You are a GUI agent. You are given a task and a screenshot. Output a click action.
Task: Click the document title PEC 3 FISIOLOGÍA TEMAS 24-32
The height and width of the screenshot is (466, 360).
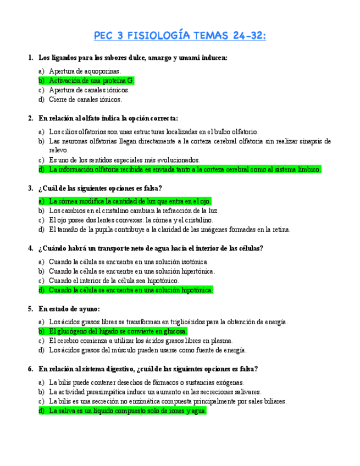coord(180,36)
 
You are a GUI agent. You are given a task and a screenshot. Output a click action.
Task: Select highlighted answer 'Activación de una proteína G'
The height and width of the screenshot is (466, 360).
coord(91,81)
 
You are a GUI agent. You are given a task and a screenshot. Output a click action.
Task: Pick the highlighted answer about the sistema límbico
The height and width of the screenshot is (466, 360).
coord(185,169)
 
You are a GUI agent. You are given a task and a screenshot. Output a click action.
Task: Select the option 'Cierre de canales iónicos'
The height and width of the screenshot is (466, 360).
coord(85,99)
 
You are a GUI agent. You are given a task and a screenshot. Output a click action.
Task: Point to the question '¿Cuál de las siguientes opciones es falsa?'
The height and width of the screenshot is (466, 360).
coord(100,188)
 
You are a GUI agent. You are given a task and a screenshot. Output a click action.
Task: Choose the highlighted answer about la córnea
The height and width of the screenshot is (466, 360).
coord(130,201)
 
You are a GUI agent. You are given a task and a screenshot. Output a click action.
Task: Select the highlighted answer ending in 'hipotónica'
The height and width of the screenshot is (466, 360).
coord(130,290)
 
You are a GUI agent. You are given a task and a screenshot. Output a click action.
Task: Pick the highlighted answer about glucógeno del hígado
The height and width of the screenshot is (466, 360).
coord(118,331)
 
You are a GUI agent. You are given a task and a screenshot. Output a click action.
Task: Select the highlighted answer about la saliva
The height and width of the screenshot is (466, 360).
coord(127,410)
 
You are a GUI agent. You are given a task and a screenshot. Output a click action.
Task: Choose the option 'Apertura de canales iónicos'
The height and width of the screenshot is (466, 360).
coord(89,90)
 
